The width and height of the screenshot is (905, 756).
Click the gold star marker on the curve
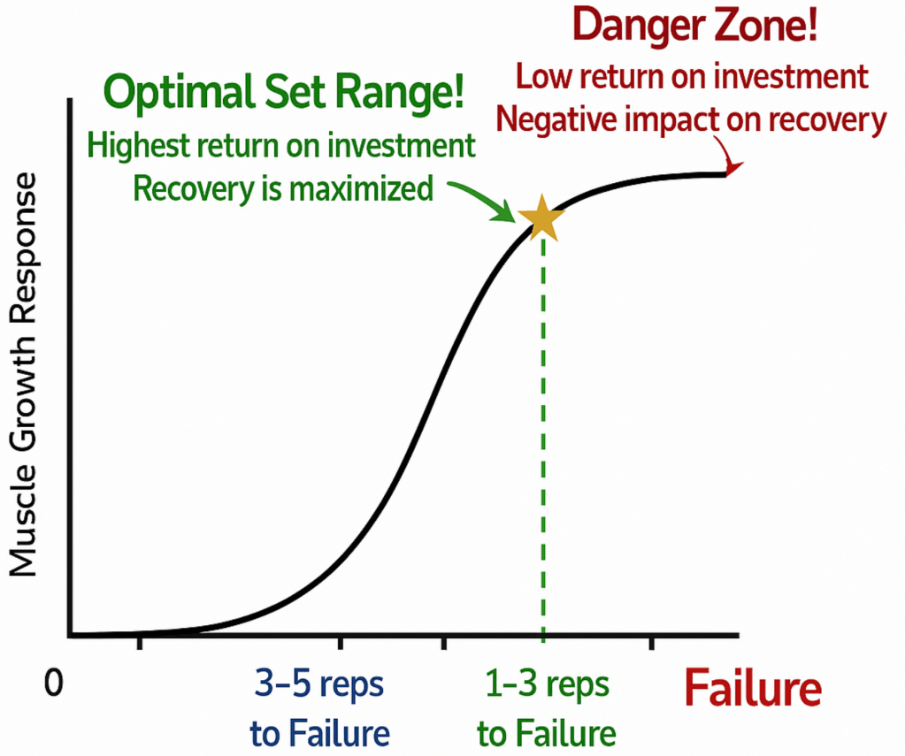pyautogui.click(x=541, y=219)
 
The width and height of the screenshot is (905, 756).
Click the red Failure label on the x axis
pyautogui.click(x=753, y=688)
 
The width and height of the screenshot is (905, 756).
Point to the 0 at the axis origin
pyautogui.click(x=56, y=684)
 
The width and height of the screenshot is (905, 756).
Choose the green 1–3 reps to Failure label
pyautogui.click(x=546, y=707)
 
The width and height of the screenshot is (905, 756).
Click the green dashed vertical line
pyautogui.click(x=542, y=442)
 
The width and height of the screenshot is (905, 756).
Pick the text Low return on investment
pyautogui.click(x=692, y=77)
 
